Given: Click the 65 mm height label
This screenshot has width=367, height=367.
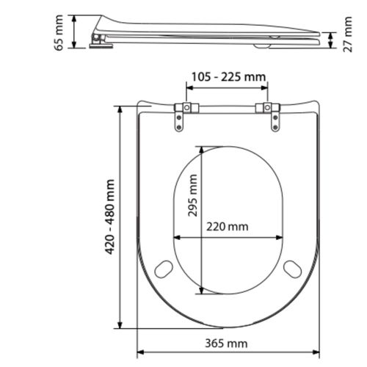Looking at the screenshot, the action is tap(59, 33).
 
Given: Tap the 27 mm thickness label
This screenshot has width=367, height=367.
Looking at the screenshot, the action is tap(347, 34).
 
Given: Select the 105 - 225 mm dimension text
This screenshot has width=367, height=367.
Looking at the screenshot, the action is tap(228, 77).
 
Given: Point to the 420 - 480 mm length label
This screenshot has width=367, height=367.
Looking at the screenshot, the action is tap(110, 217).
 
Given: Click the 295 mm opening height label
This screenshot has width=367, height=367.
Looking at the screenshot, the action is tap(192, 195).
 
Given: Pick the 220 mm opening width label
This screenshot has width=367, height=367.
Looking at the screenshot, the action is tap(227, 227).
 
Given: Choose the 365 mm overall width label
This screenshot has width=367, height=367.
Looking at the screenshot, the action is tap(226, 344).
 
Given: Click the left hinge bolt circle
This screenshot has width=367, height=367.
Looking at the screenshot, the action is tap(186, 107).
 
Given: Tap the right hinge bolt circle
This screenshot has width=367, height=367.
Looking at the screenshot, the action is tap(267, 107).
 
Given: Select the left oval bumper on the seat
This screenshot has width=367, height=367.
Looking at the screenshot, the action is tap(164, 269).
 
